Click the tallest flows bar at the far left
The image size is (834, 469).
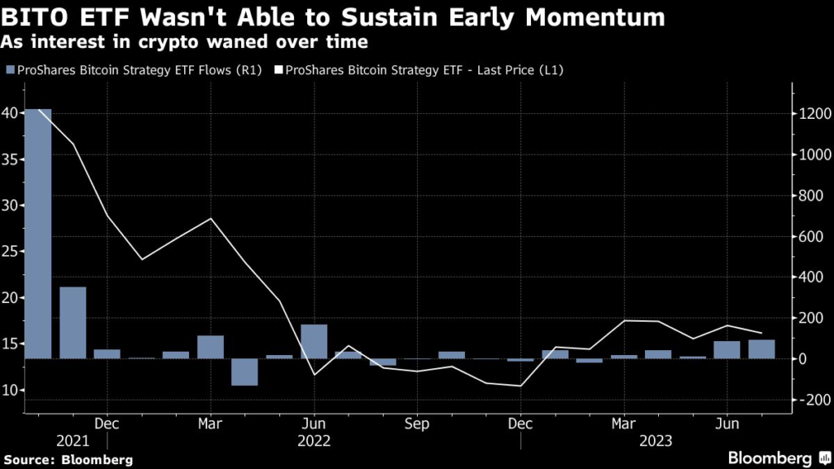pyautogui.click(x=38, y=233)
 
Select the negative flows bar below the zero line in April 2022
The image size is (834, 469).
pyautogui.click(x=244, y=371)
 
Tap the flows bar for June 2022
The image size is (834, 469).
pyautogui.click(x=314, y=341)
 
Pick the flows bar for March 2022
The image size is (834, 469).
pyautogui.click(x=210, y=347)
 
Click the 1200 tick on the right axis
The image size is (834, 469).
pyautogui.click(x=814, y=114)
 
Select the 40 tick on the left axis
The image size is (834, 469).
pyautogui.click(x=12, y=113)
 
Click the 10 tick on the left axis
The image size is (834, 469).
pyautogui.click(x=12, y=391)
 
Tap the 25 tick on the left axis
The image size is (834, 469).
pyautogui.click(x=12, y=252)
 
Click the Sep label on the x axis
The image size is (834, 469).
pyautogui.click(x=417, y=423)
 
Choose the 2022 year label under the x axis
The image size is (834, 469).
pyautogui.click(x=314, y=441)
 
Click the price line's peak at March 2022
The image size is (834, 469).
pyautogui.click(x=210, y=219)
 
